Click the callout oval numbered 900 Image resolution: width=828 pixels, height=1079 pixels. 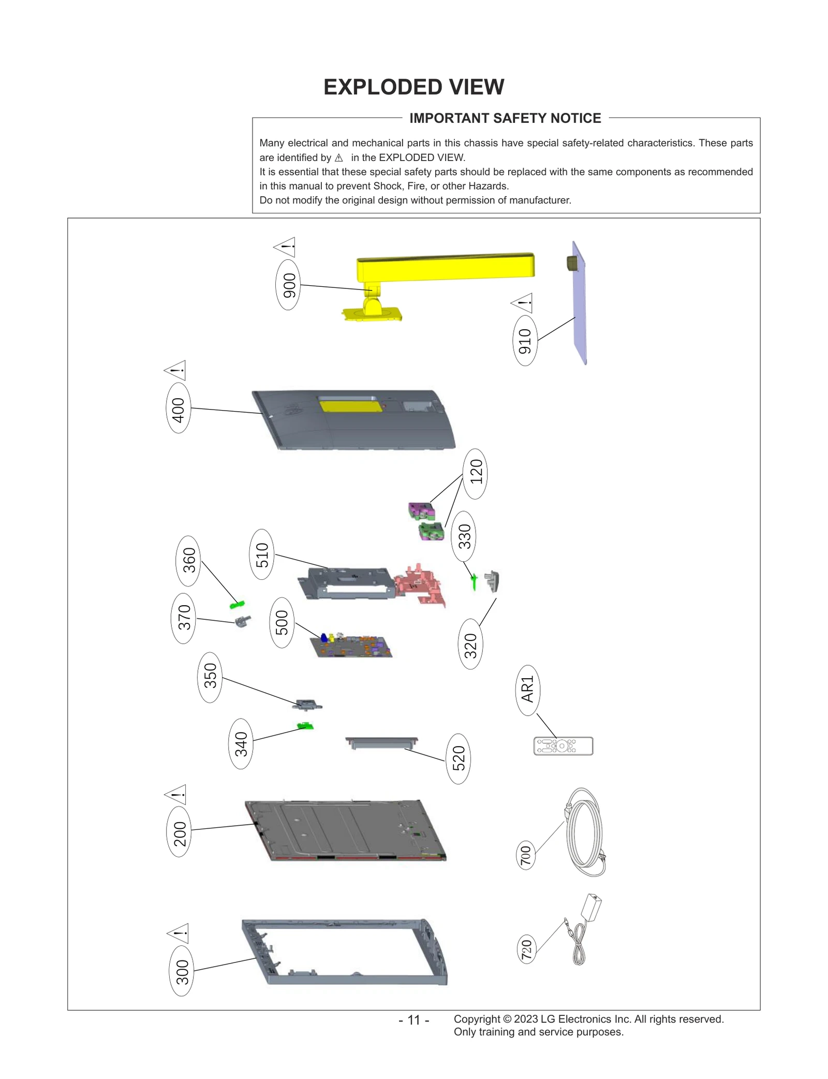[x=288, y=285]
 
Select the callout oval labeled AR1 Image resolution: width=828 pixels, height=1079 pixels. [x=527, y=690]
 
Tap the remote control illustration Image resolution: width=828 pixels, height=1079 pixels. [x=563, y=746]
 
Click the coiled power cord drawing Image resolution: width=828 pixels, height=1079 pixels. [x=585, y=833]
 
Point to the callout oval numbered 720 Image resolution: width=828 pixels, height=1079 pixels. [x=526, y=949]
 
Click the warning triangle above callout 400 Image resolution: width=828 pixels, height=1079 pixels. [x=176, y=370]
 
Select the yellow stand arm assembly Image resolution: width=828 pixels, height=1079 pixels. [x=445, y=267]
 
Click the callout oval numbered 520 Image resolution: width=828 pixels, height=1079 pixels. [x=458, y=759]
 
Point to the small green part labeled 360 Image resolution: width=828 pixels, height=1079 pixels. [x=237, y=604]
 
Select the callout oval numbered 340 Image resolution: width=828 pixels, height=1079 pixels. [x=241, y=743]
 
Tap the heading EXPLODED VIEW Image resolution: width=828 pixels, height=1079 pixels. [x=413, y=87]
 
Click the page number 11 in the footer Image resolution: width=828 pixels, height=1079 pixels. [x=413, y=1019]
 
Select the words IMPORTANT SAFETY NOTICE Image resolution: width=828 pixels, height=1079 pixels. [x=505, y=119]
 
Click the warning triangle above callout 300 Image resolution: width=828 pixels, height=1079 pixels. [x=179, y=933]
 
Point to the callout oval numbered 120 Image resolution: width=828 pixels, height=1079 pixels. [x=475, y=473]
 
